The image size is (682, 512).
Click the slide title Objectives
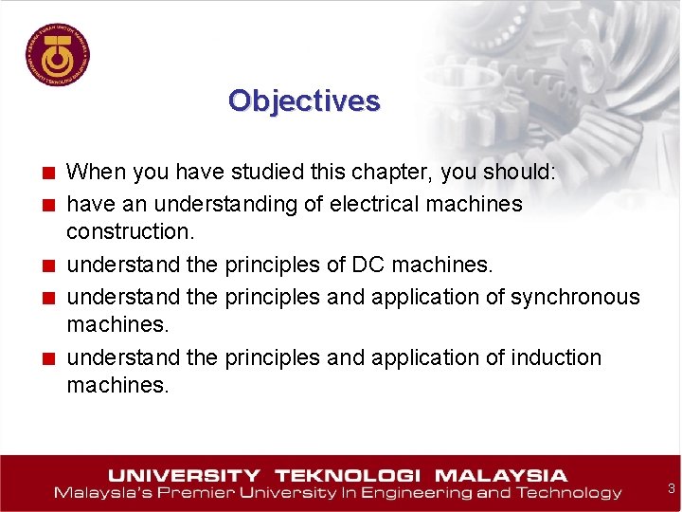coord(303,101)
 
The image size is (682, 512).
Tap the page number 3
coord(671,488)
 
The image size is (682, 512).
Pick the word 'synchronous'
coord(575,297)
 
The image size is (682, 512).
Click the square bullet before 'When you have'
coord(47,174)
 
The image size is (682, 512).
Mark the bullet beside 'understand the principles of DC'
coord(47,266)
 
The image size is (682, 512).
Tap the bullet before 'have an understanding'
coord(47,205)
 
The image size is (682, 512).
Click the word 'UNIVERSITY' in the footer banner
coord(184,475)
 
